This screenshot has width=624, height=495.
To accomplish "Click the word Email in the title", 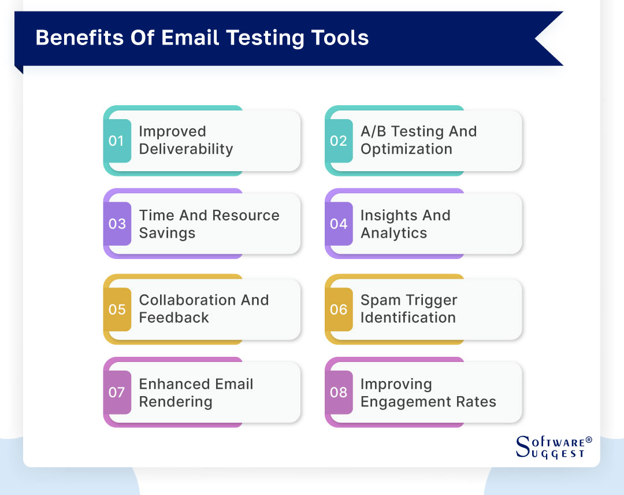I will click(x=189, y=38).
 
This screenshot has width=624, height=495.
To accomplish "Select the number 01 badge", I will click(x=117, y=141).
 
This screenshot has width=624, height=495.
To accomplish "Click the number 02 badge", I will click(x=339, y=141).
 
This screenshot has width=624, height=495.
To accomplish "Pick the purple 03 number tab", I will click(x=117, y=224).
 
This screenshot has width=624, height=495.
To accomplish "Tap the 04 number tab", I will click(x=339, y=224).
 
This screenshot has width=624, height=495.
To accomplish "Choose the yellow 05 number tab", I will click(x=117, y=309).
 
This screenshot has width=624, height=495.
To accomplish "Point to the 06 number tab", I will click(x=339, y=309).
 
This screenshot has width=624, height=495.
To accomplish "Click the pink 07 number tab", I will click(x=117, y=393).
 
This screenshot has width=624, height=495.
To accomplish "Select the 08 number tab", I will click(x=339, y=393).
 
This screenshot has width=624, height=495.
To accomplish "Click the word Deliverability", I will click(x=185, y=149).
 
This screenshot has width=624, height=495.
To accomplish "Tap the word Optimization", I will click(x=406, y=149).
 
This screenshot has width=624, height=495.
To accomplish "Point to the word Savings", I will click(x=167, y=233).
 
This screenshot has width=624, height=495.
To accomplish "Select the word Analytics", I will click(x=393, y=233).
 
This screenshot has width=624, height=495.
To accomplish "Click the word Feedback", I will click(x=174, y=317).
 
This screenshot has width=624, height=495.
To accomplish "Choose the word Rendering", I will click(x=176, y=402).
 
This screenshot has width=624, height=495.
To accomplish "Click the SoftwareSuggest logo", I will click(x=552, y=446).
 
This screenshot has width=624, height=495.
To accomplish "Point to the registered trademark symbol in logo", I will click(x=589, y=440).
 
